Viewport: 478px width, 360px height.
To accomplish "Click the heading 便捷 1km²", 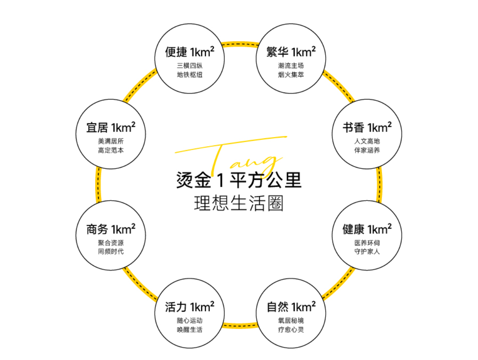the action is pos(189,52).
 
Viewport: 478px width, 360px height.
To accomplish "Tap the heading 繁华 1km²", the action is pos(291,52).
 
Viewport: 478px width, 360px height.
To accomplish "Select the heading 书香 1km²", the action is pos(367,127).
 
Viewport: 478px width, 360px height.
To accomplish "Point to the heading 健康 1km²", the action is pos(367,229).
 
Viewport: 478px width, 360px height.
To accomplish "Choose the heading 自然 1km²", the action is pos(291,307).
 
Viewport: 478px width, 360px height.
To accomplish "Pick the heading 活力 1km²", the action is pos(189,307).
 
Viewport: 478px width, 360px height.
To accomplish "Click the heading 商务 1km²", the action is pos(111,229).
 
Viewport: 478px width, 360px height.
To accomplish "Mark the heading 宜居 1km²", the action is pos(111,127).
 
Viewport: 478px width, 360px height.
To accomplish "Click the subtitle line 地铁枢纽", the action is pos(189,75).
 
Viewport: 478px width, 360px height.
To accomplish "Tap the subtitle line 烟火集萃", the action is pos(291,75).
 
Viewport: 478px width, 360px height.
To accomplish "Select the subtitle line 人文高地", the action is pos(367,141).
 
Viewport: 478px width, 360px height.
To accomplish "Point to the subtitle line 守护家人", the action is pos(367,251).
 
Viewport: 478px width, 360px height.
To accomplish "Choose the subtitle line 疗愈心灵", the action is pos(291,329).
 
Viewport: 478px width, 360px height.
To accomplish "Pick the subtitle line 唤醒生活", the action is pos(189,329).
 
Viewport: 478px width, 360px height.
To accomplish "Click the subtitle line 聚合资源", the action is pos(111,243).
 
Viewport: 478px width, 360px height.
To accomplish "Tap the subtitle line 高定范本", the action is pos(111,150).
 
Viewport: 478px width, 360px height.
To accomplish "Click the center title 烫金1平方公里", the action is pos(239,180).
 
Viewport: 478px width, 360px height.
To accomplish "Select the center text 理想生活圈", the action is pos(239,203).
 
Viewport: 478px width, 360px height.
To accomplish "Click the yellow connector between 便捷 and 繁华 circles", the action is pos(240,45).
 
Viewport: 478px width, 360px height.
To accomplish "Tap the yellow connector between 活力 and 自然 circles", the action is pos(240,325).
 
